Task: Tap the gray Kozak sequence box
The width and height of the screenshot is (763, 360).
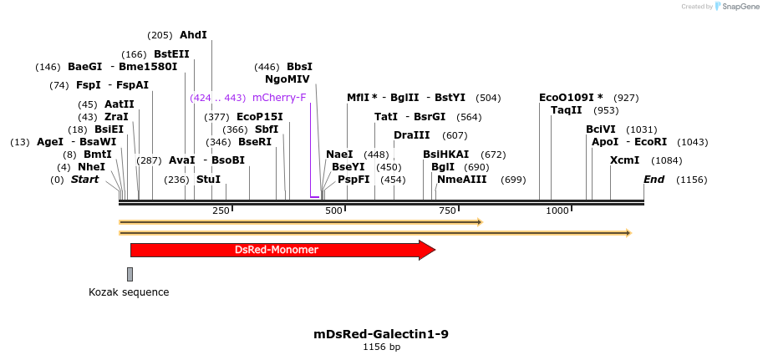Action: point(130,274)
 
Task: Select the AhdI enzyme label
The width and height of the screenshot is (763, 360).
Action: point(193,35)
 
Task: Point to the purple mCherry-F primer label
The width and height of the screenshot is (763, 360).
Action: point(279,98)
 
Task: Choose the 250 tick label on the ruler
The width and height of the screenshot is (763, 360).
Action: point(221,210)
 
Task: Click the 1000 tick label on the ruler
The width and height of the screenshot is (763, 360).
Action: point(557,210)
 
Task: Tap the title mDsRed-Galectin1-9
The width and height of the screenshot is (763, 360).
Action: point(381,334)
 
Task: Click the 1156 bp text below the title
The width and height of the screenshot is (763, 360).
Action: point(381,347)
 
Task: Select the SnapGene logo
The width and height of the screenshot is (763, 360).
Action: point(736,7)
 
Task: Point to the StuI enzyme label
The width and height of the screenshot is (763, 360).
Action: point(208,179)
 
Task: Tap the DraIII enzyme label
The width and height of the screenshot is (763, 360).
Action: point(411,135)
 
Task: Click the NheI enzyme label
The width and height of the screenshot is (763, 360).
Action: point(92,167)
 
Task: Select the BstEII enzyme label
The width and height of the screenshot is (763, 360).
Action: point(171,54)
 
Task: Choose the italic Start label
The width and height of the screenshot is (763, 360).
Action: point(84,180)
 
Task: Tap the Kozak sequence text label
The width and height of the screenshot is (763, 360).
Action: point(129,292)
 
